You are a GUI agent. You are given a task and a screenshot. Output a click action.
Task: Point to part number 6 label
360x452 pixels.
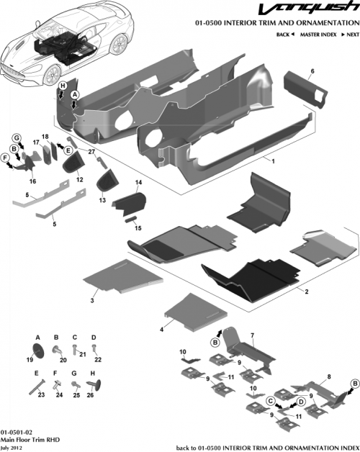pyautogui.click(x=312, y=71)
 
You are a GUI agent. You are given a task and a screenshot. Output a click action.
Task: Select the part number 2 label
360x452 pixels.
pyautogui.click(x=307, y=291)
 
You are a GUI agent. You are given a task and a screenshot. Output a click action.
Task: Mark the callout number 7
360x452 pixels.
pyautogui.click(x=252, y=336)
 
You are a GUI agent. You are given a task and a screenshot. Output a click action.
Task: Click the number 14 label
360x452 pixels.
pyautogui.click(x=139, y=184)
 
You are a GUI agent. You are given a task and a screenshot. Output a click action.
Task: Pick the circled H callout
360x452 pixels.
pyautogui.click(x=63, y=86)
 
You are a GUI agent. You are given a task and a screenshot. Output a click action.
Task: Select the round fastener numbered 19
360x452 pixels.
pyautogui.click(x=40, y=349)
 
